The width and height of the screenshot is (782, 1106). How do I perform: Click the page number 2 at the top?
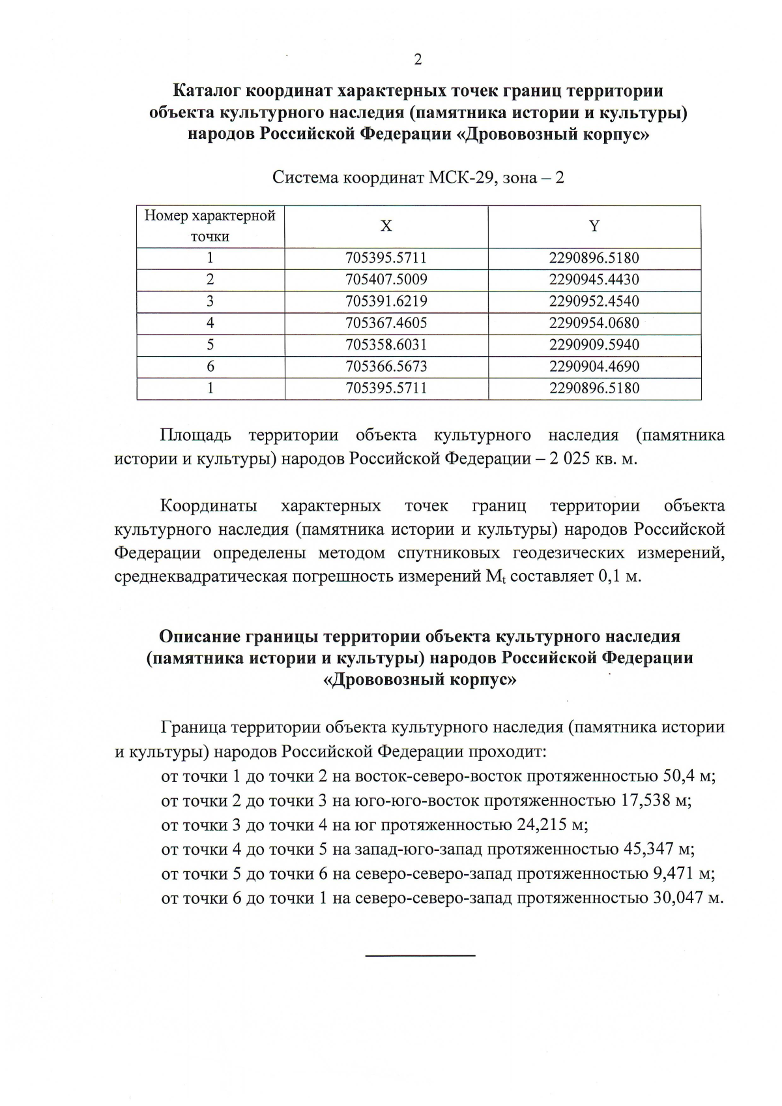(418, 59)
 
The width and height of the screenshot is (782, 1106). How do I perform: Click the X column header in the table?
(386, 226)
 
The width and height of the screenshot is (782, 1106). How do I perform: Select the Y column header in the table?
(594, 226)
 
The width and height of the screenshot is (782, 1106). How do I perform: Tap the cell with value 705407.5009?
(386, 280)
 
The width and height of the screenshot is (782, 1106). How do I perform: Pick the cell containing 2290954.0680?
(594, 323)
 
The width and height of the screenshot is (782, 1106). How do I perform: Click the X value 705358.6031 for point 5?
(386, 344)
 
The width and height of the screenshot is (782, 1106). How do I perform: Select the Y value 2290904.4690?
(594, 366)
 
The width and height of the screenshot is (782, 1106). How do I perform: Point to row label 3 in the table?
(210, 301)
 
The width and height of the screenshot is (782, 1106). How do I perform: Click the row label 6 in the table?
(210, 366)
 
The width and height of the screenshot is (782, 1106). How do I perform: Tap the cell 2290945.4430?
(594, 280)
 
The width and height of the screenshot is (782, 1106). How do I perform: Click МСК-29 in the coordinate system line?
(459, 178)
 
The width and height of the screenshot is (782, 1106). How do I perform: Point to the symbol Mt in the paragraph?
(497, 577)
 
